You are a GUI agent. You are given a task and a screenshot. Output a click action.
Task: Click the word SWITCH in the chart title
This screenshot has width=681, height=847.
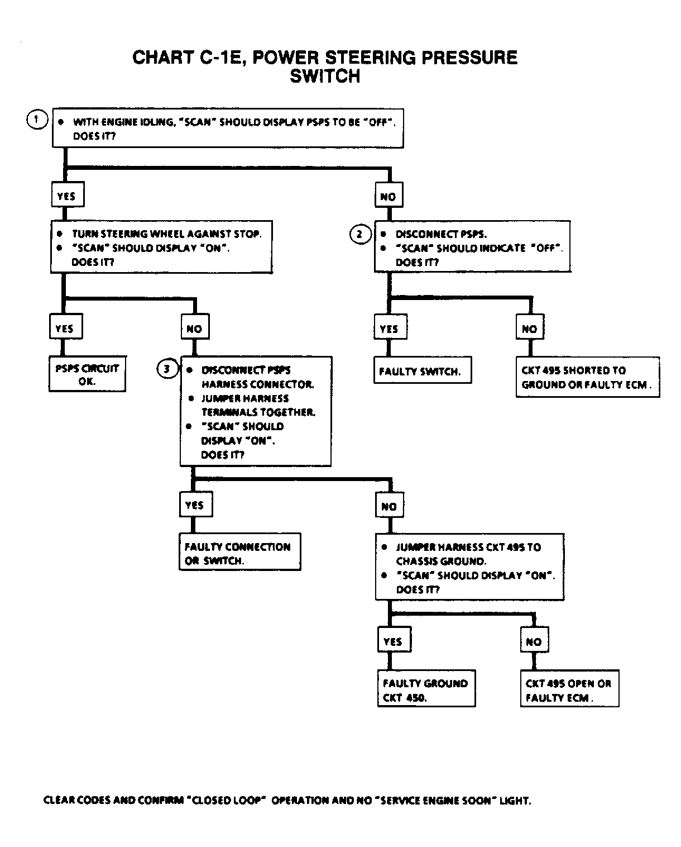[325, 76]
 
